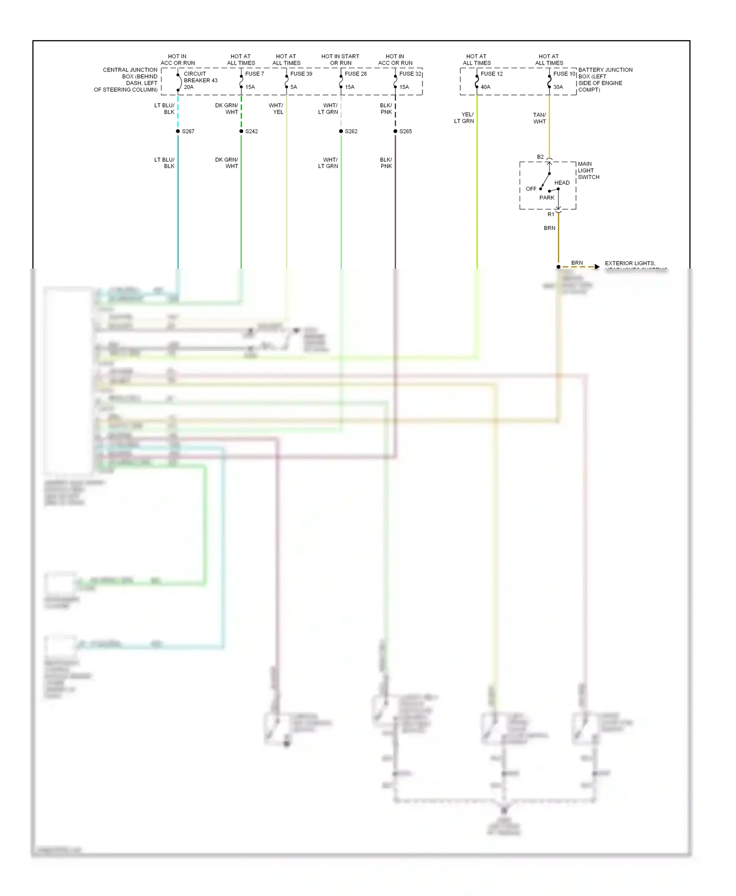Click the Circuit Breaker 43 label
point(200,77)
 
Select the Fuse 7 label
point(254,74)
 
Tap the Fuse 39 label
point(301,74)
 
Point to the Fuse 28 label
point(355,74)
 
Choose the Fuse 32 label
point(410,74)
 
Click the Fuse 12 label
point(491,74)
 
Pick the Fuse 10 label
point(564,74)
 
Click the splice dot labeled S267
point(178,131)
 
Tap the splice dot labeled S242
point(241,131)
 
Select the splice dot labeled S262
point(341,131)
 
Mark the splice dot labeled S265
point(395,131)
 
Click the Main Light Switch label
point(588,171)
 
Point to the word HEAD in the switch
point(562,183)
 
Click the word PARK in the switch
point(547,198)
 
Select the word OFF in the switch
point(531,189)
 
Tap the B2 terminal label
point(540,157)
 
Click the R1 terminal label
point(551,214)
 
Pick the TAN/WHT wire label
point(539,118)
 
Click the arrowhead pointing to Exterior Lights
point(597,267)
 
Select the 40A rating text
point(485,87)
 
